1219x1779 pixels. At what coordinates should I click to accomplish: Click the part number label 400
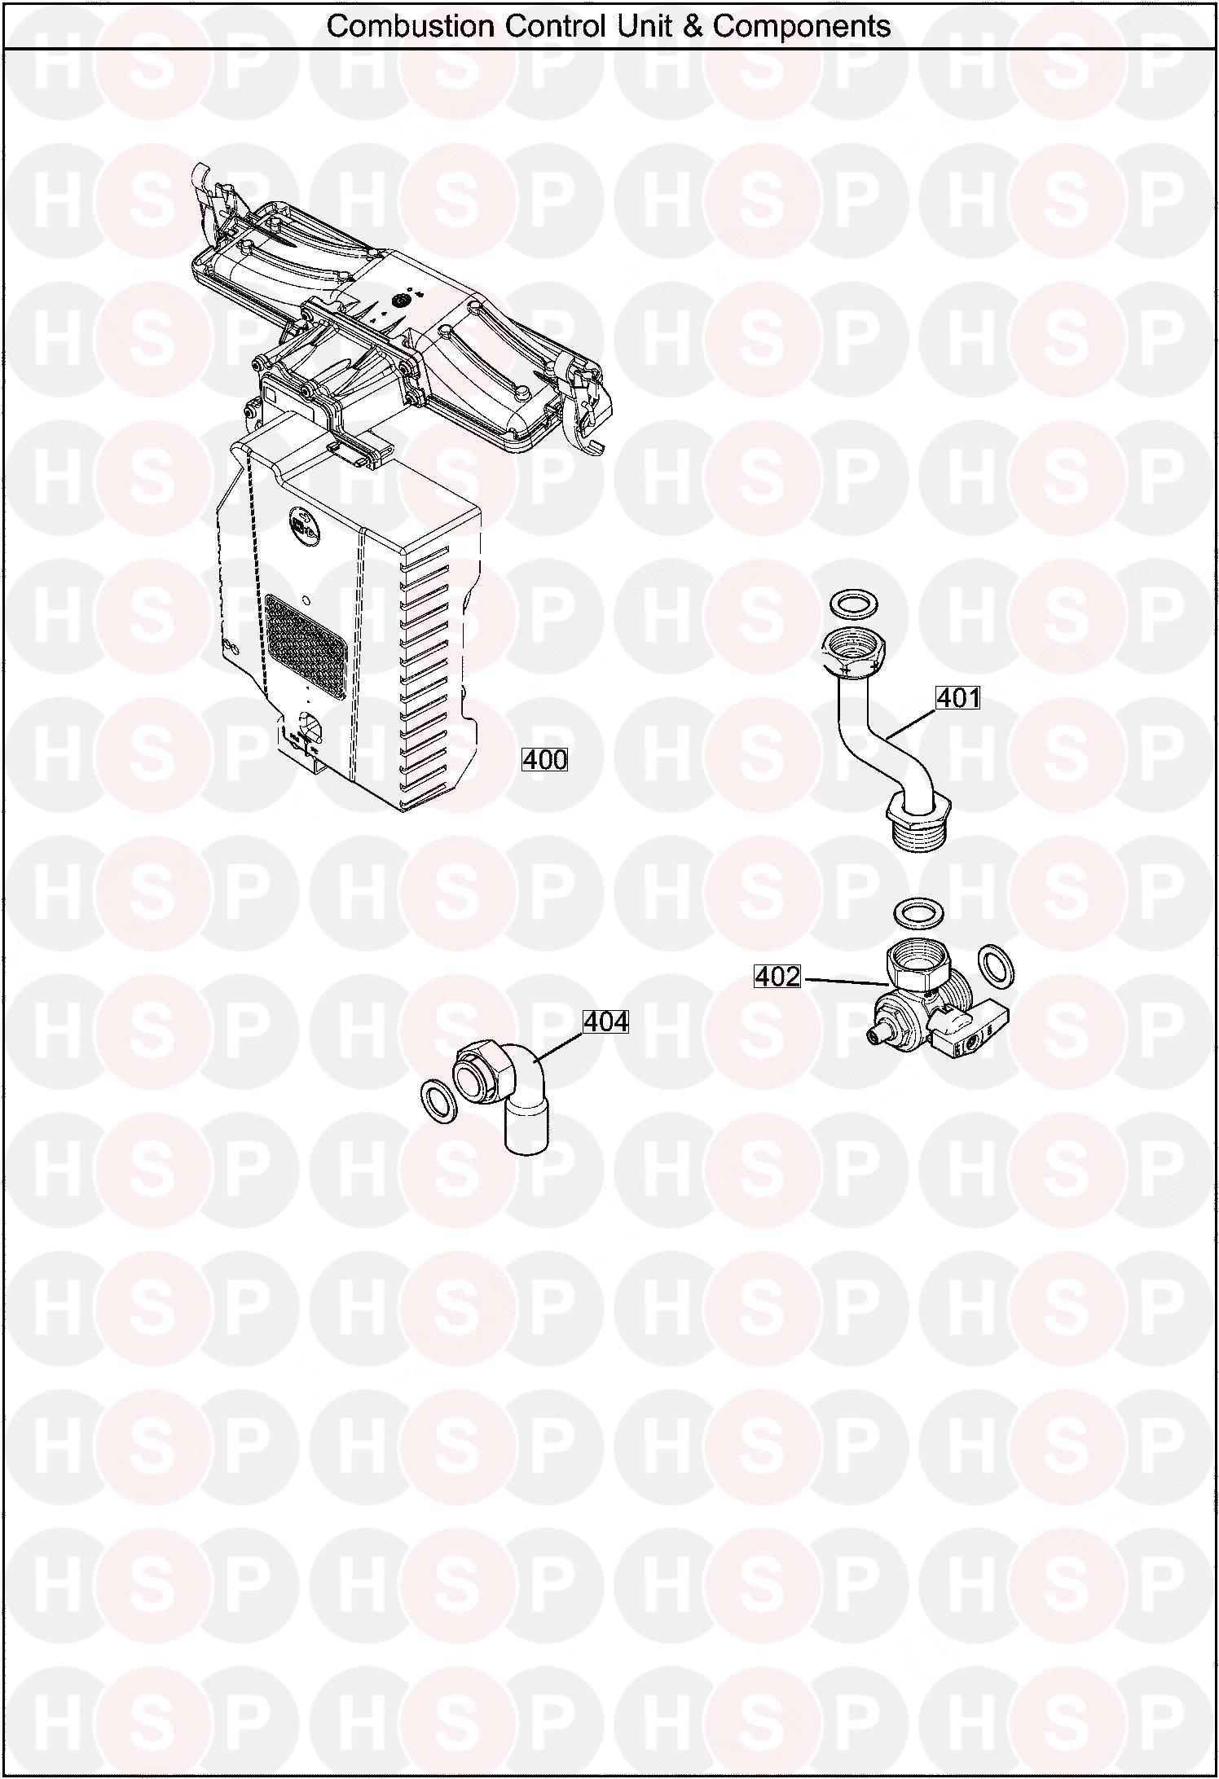click(544, 759)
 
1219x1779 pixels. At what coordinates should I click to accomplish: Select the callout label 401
click(958, 698)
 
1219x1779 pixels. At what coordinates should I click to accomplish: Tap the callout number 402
click(778, 976)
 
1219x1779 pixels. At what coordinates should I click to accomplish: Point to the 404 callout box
click(606, 1021)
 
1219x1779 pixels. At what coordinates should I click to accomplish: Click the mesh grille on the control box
click(306, 637)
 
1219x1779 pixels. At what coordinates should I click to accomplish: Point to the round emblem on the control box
click(299, 520)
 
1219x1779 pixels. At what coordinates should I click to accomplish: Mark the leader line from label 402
click(846, 982)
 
